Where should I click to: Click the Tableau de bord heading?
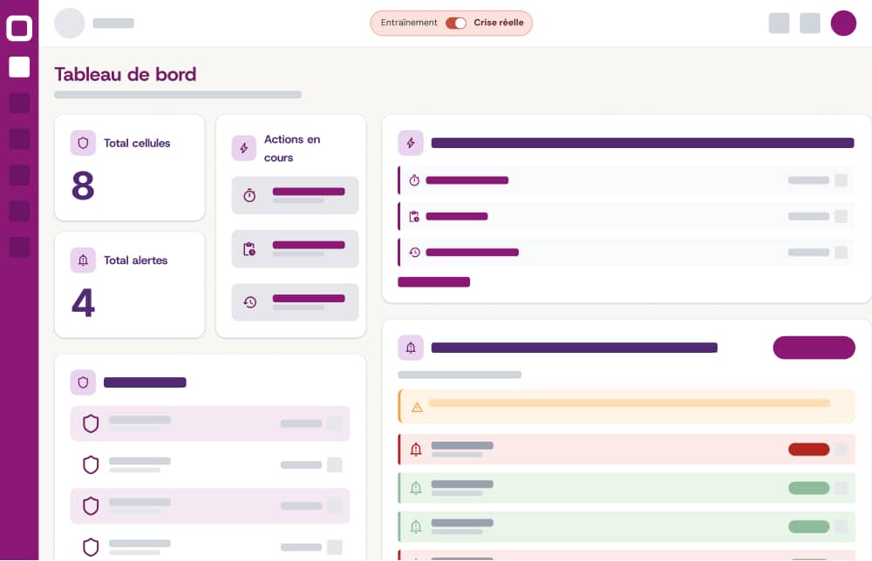click(x=126, y=74)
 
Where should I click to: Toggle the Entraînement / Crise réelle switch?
click(x=456, y=23)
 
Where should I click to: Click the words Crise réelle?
click(x=499, y=23)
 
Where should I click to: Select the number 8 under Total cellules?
click(x=83, y=186)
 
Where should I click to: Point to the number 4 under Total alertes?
click(x=83, y=302)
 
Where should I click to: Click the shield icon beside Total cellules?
click(x=83, y=143)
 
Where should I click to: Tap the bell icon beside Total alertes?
click(x=83, y=260)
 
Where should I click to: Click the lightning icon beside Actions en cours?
click(x=244, y=148)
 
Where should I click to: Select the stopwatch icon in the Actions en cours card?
click(x=249, y=195)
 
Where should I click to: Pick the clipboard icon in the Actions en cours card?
click(x=249, y=249)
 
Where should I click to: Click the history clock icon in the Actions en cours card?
click(x=249, y=302)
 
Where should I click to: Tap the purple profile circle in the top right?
click(x=843, y=24)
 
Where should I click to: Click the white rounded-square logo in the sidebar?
click(x=19, y=28)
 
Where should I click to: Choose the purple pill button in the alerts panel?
click(x=814, y=348)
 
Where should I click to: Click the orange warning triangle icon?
click(x=417, y=407)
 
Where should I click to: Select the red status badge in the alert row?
click(x=808, y=449)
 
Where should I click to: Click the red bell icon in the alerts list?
click(x=416, y=449)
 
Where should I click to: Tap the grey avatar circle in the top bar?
click(x=70, y=24)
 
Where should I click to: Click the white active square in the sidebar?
click(x=19, y=67)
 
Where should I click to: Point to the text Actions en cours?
click(x=292, y=148)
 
